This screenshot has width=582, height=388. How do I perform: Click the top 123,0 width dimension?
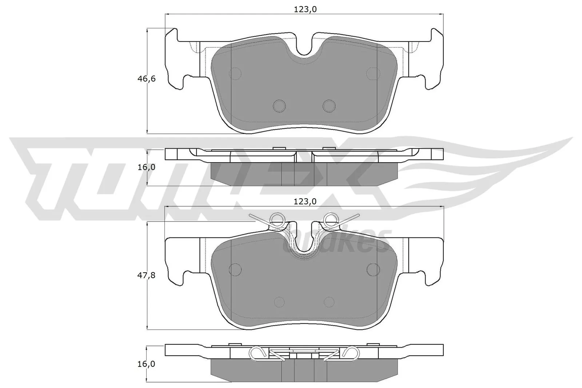[305, 10]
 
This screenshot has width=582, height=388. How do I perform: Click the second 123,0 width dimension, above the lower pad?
[305, 201]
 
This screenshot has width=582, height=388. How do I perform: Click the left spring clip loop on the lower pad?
[278, 219]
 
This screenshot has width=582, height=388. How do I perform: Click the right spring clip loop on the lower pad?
[331, 219]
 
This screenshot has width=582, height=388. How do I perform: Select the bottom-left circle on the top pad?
[279, 105]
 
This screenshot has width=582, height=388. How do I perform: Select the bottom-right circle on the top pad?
[329, 105]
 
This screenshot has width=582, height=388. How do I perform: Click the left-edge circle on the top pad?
[236, 74]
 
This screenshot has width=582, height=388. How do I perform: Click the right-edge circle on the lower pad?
[373, 269]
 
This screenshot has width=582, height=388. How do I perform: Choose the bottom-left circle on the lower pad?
[279, 302]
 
